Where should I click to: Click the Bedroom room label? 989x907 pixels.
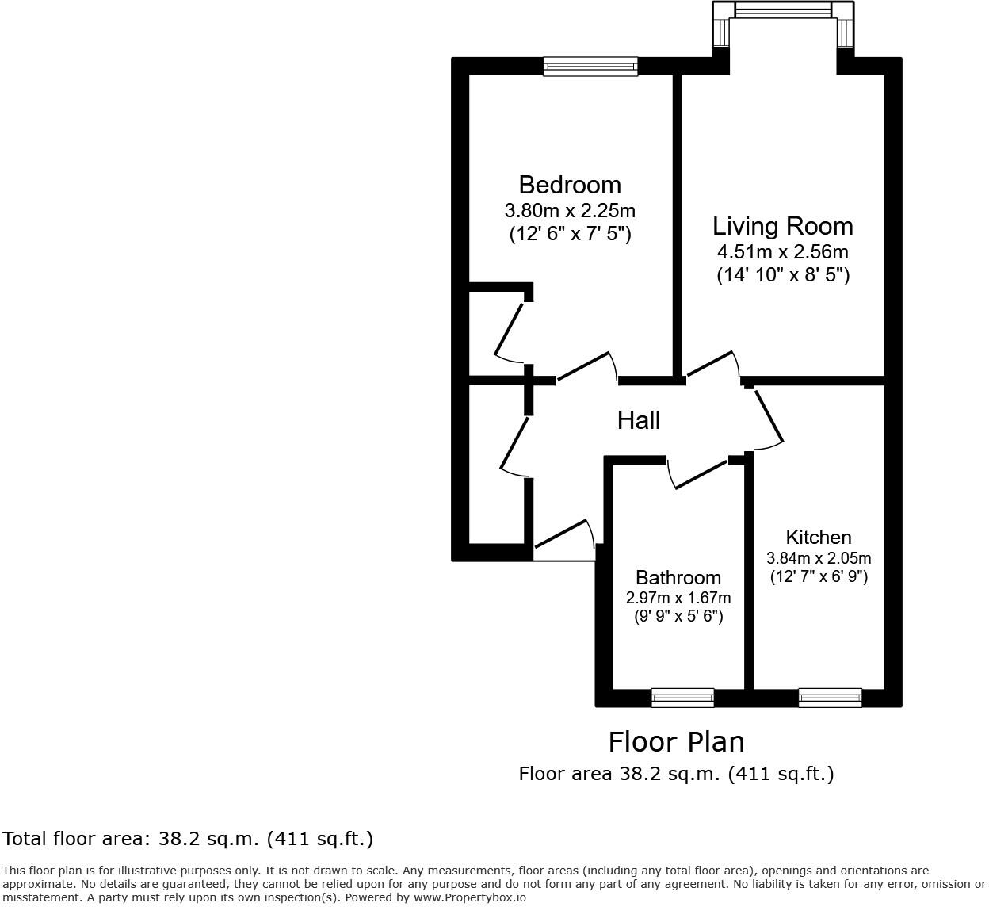point(569,185)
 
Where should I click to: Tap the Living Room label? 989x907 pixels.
point(782,226)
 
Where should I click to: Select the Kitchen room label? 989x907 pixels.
point(818,537)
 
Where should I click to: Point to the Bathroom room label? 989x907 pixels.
point(678,577)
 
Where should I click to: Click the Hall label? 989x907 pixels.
point(638,420)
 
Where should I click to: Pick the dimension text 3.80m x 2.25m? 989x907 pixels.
point(569,211)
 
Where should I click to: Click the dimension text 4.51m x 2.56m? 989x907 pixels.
point(782,252)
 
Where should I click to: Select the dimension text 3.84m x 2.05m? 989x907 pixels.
point(818,557)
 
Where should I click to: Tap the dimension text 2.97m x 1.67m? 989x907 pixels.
point(678,598)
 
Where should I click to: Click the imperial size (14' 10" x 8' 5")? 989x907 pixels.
point(782,275)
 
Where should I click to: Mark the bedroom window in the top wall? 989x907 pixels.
point(590,67)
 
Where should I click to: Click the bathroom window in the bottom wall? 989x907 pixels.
point(682,698)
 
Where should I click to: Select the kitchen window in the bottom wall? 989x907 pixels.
point(830,698)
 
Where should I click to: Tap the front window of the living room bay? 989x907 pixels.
point(783,10)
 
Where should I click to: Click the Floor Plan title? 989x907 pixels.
point(676,742)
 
